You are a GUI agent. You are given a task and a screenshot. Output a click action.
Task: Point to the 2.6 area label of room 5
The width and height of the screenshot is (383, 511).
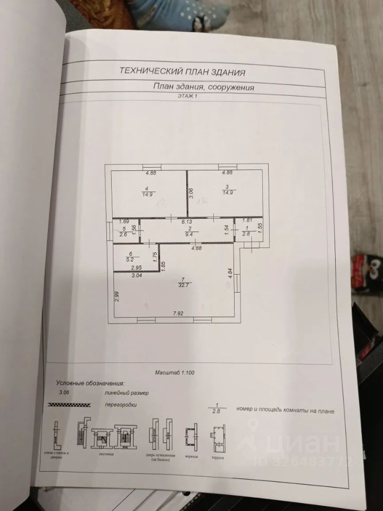coord(123,234)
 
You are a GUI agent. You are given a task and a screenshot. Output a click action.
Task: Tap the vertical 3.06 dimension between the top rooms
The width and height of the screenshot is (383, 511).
coord(191,194)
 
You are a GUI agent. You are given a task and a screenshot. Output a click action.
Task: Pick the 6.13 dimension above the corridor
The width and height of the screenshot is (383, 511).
coord(186,221)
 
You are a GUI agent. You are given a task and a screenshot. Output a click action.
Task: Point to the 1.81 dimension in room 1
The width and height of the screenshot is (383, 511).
coord(247,220)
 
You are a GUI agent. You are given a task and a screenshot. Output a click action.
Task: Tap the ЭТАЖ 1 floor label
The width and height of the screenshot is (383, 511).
coord(186,96)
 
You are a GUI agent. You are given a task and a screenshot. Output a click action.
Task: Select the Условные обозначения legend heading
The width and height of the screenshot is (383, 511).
coord(90,383)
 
